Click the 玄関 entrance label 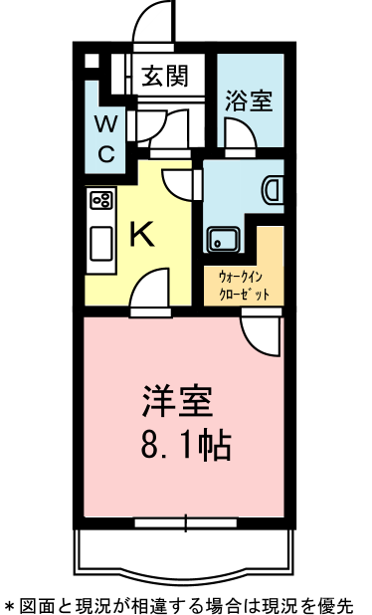coord(164,77)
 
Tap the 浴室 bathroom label coord(249,101)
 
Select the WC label coord(106,138)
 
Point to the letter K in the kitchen coord(142,235)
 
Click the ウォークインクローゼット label coord(244,287)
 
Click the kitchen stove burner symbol coord(100,201)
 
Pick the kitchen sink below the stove coord(101,242)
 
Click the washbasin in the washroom coord(274,189)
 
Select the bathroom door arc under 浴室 coord(239,133)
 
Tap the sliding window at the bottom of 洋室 coord(186,520)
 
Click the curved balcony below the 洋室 coord(186,557)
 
